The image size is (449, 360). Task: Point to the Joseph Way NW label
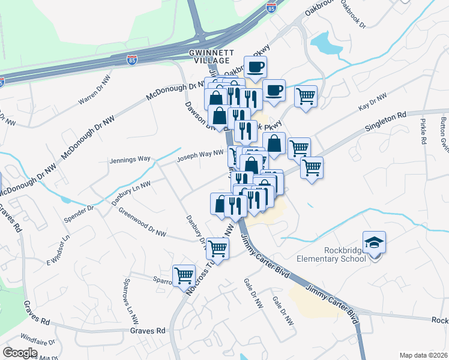pyautogui.click(x=195, y=157)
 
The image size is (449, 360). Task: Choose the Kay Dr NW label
pyautogui.click(x=373, y=101)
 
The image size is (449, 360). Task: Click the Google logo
pyautogui.click(x=20, y=353)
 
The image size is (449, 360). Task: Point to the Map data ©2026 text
pyautogui.click(x=423, y=355)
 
